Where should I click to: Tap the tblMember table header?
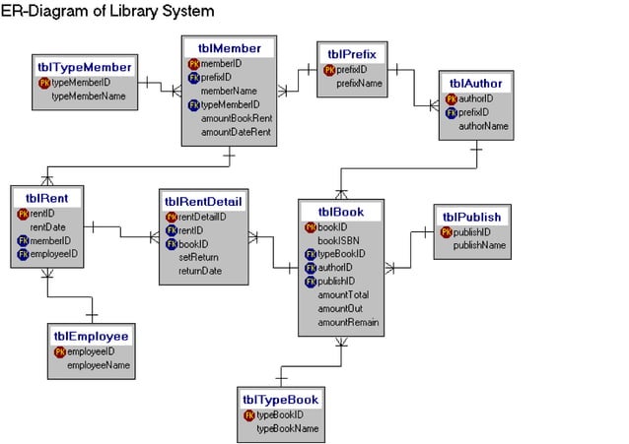(x=229, y=48)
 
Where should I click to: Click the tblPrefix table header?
(x=352, y=53)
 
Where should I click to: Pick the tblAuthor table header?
(x=476, y=84)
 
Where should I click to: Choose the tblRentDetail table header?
(x=205, y=202)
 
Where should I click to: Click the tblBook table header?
(x=340, y=211)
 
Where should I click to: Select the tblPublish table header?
(x=471, y=217)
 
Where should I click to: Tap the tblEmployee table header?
(x=91, y=336)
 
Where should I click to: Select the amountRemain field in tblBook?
(x=348, y=322)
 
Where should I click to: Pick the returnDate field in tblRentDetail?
(x=199, y=271)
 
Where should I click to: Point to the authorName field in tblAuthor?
(x=483, y=126)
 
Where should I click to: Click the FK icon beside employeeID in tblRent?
(x=23, y=254)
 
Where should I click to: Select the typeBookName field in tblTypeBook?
(x=287, y=429)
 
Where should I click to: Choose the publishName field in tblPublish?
(x=479, y=245)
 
